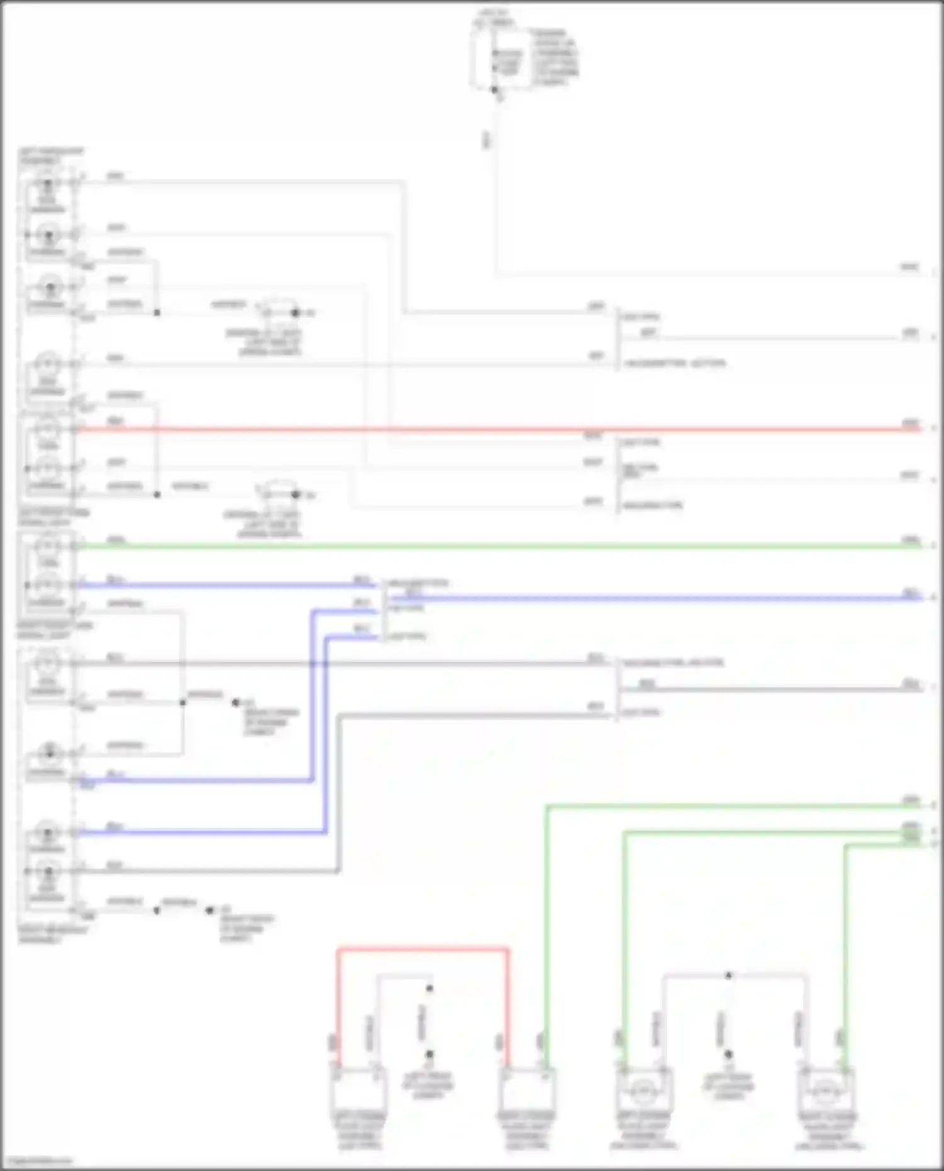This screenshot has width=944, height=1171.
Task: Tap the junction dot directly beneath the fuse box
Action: pos(495,90)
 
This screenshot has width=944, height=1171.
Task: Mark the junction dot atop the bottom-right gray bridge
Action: pos(728,976)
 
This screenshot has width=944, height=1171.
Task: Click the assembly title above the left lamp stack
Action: pos(50,156)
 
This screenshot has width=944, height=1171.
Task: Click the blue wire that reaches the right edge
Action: pos(661,598)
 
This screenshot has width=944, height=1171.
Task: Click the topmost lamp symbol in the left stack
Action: pos(47,184)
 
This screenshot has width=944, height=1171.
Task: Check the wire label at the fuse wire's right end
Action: pos(909,267)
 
